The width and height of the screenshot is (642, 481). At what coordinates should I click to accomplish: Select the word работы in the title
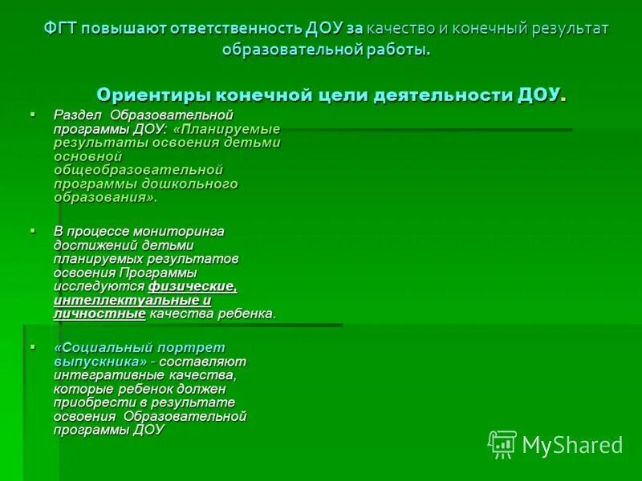click(x=396, y=50)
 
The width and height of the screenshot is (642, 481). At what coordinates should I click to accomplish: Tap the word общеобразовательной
click(x=137, y=170)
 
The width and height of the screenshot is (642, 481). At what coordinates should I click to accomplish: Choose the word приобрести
click(x=87, y=402)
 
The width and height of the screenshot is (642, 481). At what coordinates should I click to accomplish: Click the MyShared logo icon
click(x=502, y=444)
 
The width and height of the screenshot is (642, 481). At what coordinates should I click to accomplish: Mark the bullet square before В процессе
click(x=33, y=230)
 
